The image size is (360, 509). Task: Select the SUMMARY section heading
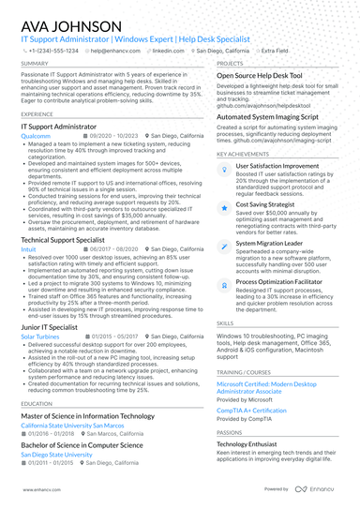click(x=34, y=64)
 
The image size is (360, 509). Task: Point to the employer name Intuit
click(x=28, y=249)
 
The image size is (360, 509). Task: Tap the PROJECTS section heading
click(x=230, y=64)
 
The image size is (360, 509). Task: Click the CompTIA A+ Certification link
click(x=251, y=411)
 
